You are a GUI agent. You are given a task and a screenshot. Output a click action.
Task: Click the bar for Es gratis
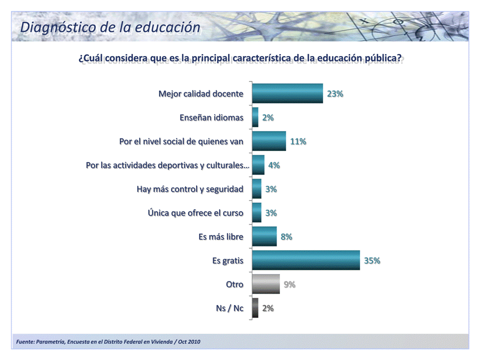305,260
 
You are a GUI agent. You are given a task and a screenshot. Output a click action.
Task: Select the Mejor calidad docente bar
287,93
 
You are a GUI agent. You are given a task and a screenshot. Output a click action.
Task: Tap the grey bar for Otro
265,284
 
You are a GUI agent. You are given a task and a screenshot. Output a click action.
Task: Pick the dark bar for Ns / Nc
255,308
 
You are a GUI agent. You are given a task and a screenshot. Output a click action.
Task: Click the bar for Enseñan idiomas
255,117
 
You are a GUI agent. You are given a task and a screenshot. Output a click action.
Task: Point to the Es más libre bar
264,236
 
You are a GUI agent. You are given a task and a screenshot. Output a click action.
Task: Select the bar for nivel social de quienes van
268,141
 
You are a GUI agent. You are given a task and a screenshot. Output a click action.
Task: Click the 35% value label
372,260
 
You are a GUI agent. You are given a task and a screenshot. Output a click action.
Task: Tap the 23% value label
334,93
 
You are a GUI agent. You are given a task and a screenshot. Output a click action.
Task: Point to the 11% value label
298,141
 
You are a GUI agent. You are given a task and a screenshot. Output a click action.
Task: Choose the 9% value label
289,284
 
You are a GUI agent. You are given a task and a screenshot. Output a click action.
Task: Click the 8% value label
286,236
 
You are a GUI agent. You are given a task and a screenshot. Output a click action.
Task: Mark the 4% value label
273,165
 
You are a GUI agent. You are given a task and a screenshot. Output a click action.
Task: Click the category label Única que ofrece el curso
195,213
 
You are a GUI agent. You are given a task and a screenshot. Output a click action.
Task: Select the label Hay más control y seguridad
190,189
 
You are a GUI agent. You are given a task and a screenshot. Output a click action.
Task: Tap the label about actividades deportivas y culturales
167,165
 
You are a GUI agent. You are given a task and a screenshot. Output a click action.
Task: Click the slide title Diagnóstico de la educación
110,27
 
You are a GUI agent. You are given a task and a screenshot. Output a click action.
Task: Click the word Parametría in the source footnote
50,341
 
